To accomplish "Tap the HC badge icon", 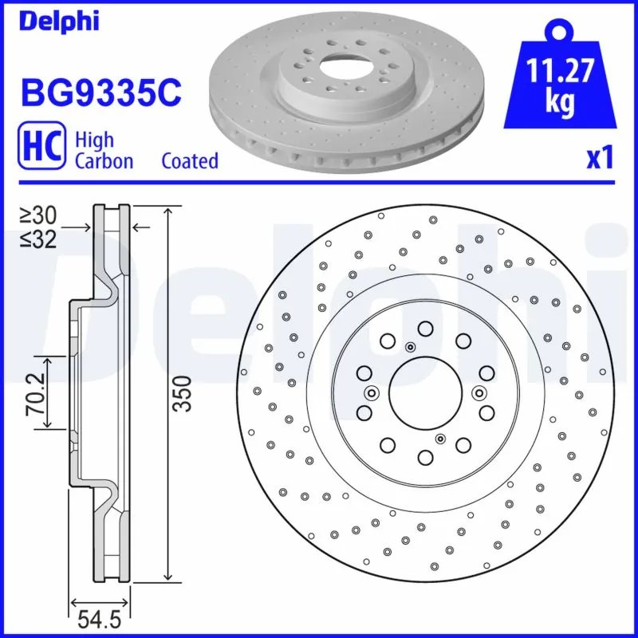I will [41, 150].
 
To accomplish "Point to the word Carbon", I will [103, 160].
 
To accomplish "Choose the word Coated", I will [189, 160].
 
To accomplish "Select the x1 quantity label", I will [599, 159].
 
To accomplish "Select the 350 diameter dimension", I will [184, 393].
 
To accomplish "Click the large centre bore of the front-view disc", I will [424, 392].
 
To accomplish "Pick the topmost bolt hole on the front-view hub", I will [424, 328].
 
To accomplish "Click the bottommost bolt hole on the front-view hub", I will [424, 456].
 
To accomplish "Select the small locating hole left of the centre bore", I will [371, 392].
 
